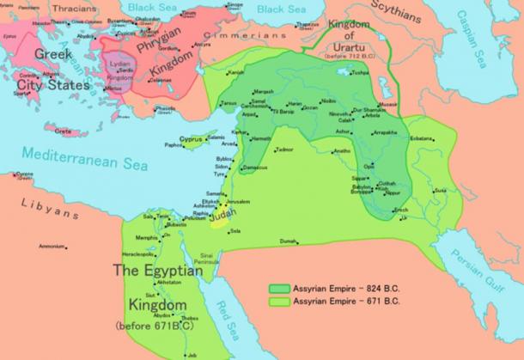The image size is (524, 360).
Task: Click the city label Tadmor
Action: [284, 149]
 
